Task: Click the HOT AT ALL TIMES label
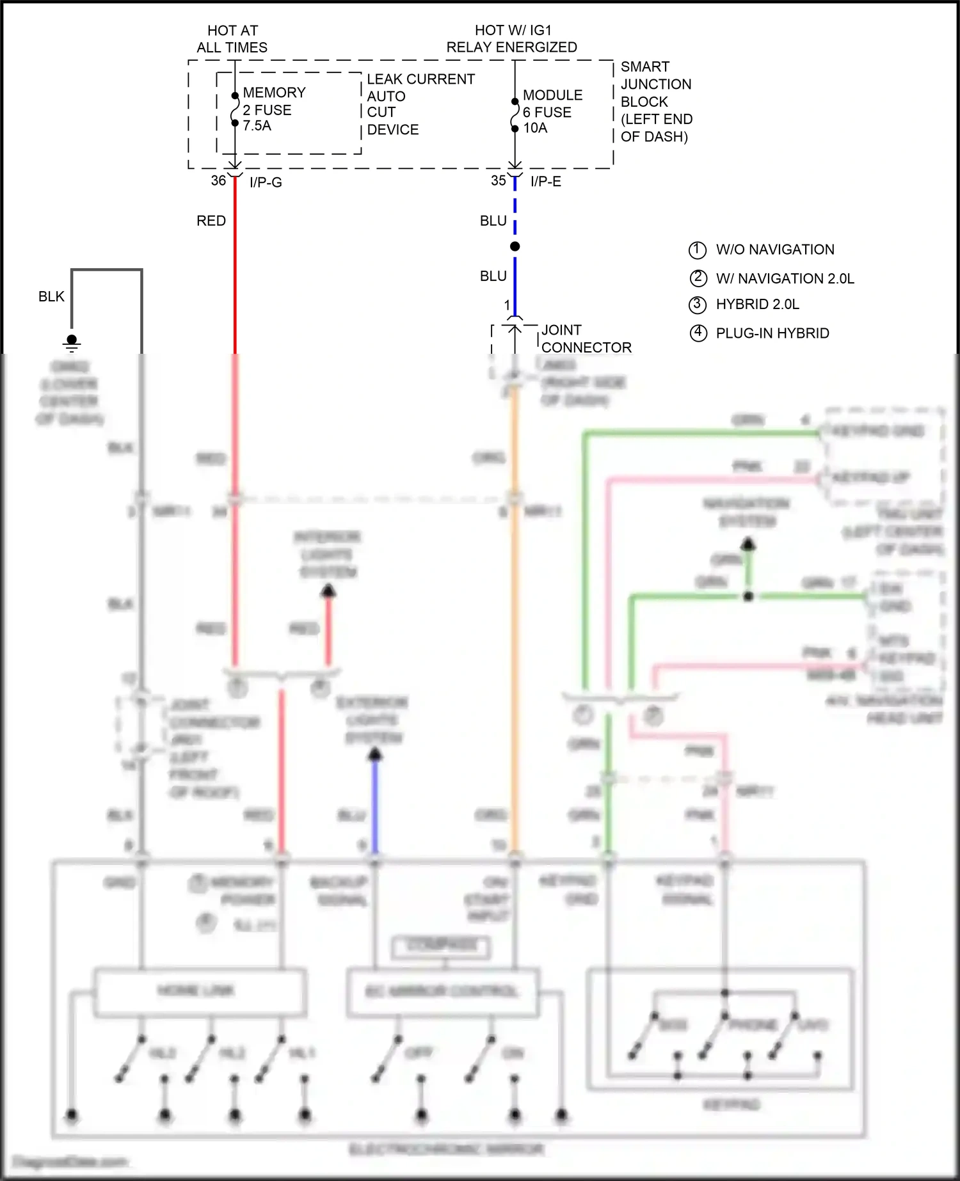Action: (x=232, y=39)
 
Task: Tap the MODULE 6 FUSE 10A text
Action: (x=552, y=111)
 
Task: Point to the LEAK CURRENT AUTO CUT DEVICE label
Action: (x=420, y=104)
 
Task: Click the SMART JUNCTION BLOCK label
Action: (x=656, y=102)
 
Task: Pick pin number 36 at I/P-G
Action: (x=218, y=181)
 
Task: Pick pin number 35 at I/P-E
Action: (x=499, y=181)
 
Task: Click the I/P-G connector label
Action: (x=266, y=182)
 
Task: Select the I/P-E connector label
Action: (x=546, y=182)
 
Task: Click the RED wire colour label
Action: (x=211, y=221)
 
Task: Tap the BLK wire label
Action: (x=51, y=297)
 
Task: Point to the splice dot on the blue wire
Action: (x=515, y=246)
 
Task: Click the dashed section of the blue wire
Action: (x=515, y=208)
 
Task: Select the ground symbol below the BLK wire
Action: (x=72, y=343)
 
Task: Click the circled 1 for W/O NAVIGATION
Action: (x=697, y=250)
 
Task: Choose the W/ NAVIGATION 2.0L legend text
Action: (x=785, y=278)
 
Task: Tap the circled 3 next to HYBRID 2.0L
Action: (x=697, y=305)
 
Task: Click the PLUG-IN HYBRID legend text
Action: (x=772, y=333)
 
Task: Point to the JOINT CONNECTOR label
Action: (x=586, y=338)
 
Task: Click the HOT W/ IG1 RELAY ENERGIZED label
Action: (x=511, y=38)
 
